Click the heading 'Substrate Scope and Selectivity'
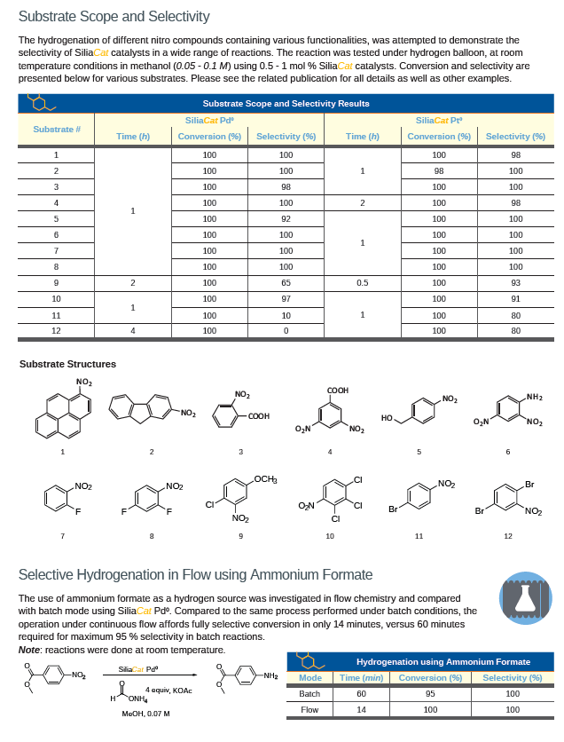(114, 17)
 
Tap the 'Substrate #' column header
(57, 129)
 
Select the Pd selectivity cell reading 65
(286, 283)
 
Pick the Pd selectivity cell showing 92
(286, 218)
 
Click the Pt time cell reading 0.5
(362, 283)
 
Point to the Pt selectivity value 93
(515, 283)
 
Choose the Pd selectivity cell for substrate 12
(286, 331)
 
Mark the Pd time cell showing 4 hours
(132, 331)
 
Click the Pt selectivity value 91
(515, 299)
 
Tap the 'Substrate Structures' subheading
(67, 364)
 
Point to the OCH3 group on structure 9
(265, 480)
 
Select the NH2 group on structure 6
(534, 396)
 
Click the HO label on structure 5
(387, 417)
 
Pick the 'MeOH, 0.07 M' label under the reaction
(145, 713)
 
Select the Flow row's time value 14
(361, 709)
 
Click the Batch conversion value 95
(431, 693)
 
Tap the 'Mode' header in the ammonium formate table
(310, 677)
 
